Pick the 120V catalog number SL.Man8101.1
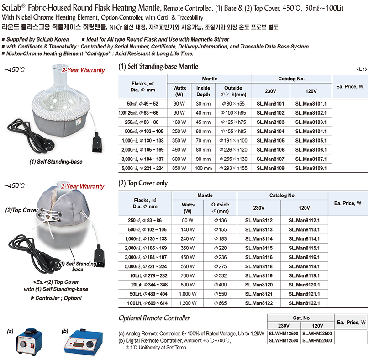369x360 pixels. [x=311, y=104]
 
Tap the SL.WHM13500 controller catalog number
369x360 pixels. [x=283, y=334]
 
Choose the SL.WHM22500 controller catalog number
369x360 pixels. [x=317, y=341]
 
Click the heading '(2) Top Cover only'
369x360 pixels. [x=143, y=183]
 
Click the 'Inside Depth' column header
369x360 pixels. [x=203, y=91]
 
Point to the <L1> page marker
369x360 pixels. [x=361, y=69]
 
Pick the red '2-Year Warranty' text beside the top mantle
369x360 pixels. [x=83, y=70]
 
